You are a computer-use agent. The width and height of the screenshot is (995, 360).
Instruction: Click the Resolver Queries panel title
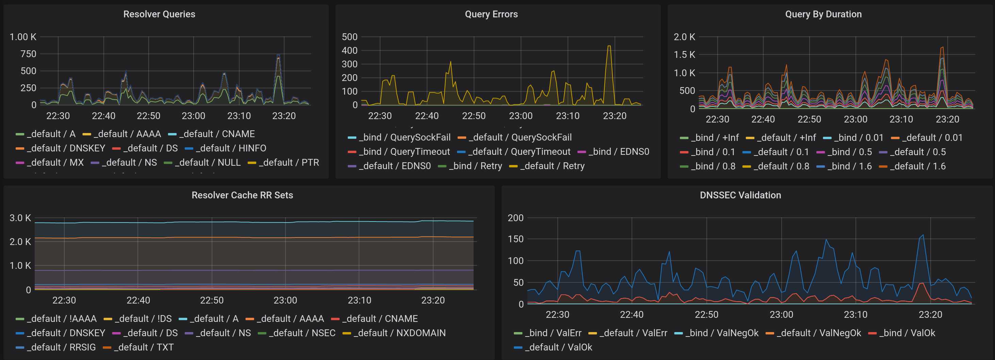159,14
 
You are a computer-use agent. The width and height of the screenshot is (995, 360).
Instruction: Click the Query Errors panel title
491,14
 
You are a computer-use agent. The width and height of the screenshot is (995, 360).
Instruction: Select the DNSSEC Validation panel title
740,195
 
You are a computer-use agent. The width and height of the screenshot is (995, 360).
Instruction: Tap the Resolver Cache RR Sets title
242,195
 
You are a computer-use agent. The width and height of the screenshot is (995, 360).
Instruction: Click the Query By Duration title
823,14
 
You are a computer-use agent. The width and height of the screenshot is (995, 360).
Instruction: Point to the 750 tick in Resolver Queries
28,54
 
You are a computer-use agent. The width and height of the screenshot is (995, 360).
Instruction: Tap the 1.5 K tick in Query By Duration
684,55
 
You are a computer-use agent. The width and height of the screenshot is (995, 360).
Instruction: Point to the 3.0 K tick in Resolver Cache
20,218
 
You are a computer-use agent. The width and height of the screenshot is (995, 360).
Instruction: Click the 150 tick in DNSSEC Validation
515,239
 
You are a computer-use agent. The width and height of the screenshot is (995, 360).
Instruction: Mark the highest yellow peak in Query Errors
609,46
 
